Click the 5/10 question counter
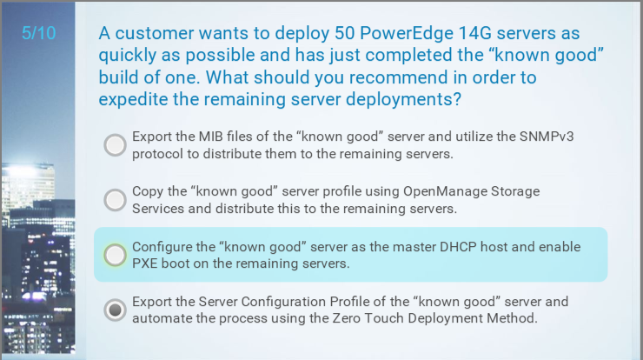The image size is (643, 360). [38, 33]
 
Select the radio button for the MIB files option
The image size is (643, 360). [115, 145]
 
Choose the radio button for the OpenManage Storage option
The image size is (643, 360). [115, 200]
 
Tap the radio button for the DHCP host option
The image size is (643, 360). [115, 255]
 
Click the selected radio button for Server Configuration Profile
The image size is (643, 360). [115, 310]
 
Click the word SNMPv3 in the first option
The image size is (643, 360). [547, 137]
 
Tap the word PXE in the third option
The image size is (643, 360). [145, 263]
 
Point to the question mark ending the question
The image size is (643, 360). [457, 99]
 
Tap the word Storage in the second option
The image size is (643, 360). [515, 191]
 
